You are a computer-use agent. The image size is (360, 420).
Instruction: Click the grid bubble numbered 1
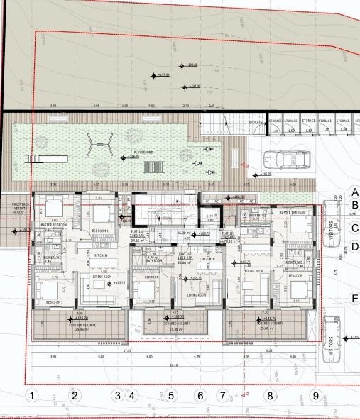30,395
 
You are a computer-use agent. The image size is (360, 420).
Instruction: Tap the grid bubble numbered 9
315,395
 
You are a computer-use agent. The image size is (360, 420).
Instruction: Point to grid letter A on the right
354,192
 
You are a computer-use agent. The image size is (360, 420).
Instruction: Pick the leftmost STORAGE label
256,122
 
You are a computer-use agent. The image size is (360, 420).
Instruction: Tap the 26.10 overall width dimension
174,367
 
